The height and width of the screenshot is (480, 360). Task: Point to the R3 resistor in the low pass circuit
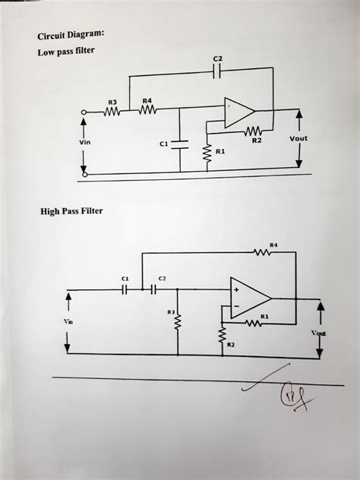click(x=112, y=111)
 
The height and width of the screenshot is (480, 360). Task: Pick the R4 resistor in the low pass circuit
click(x=147, y=111)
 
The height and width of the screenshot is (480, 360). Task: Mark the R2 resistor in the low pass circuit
click(x=254, y=130)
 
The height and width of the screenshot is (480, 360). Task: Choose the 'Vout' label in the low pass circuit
click(x=298, y=139)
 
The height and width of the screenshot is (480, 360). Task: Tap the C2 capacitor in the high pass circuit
click(x=156, y=289)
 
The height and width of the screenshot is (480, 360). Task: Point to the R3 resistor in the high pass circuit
click(x=178, y=324)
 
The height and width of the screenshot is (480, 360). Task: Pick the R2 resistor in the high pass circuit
click(x=223, y=334)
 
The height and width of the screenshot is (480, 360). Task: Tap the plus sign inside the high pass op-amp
click(x=237, y=289)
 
